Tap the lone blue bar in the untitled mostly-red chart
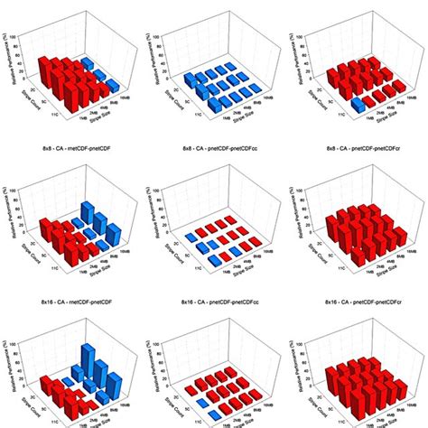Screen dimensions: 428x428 click(358, 106)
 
